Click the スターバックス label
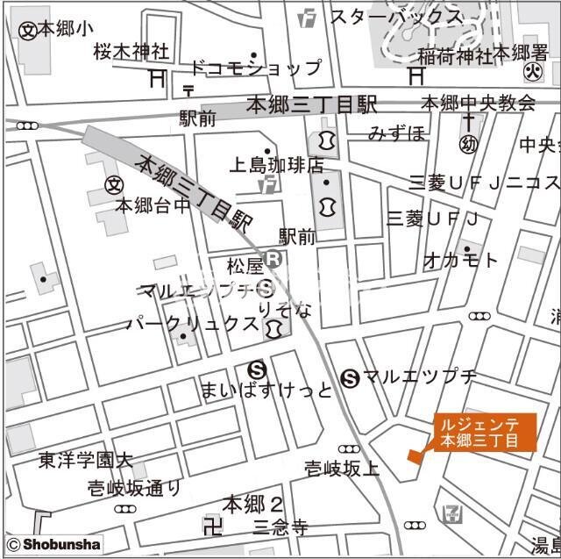click(395, 17)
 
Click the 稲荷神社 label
click(455, 54)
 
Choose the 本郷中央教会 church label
click(479, 103)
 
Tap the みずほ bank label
click(396, 133)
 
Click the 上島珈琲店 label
click(277, 165)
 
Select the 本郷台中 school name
click(153, 206)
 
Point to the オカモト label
click(460, 260)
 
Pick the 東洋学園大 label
click(85, 460)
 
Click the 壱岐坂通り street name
click(135, 488)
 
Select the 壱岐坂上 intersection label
click(343, 469)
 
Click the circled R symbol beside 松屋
click(273, 259)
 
